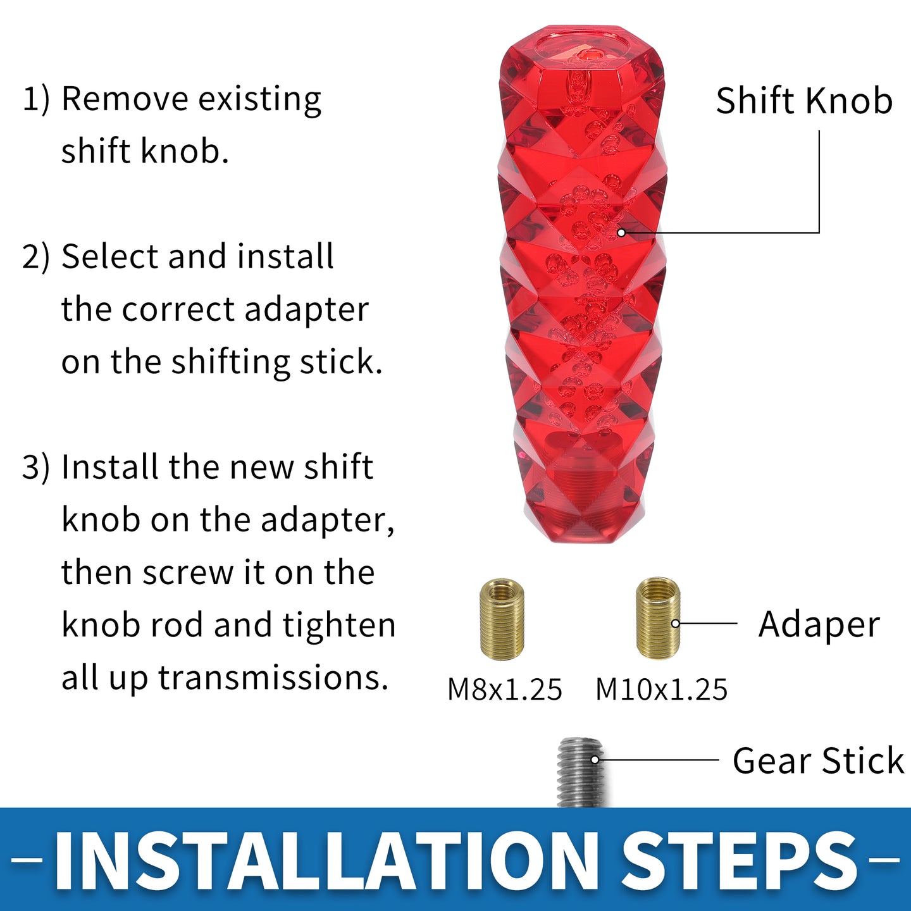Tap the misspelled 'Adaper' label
[x=819, y=626]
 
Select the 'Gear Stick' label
[x=818, y=760]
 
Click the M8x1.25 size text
[x=504, y=690]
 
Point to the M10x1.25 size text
[x=661, y=690]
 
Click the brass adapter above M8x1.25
[x=502, y=619]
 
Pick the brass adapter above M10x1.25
[x=657, y=618]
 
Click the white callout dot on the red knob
[x=622, y=233]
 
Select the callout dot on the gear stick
[x=595, y=760]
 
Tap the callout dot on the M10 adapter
[x=676, y=624]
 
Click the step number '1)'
[x=36, y=100]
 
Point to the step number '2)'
[x=36, y=257]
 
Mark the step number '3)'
[x=36, y=468]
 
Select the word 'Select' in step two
[x=111, y=257]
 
